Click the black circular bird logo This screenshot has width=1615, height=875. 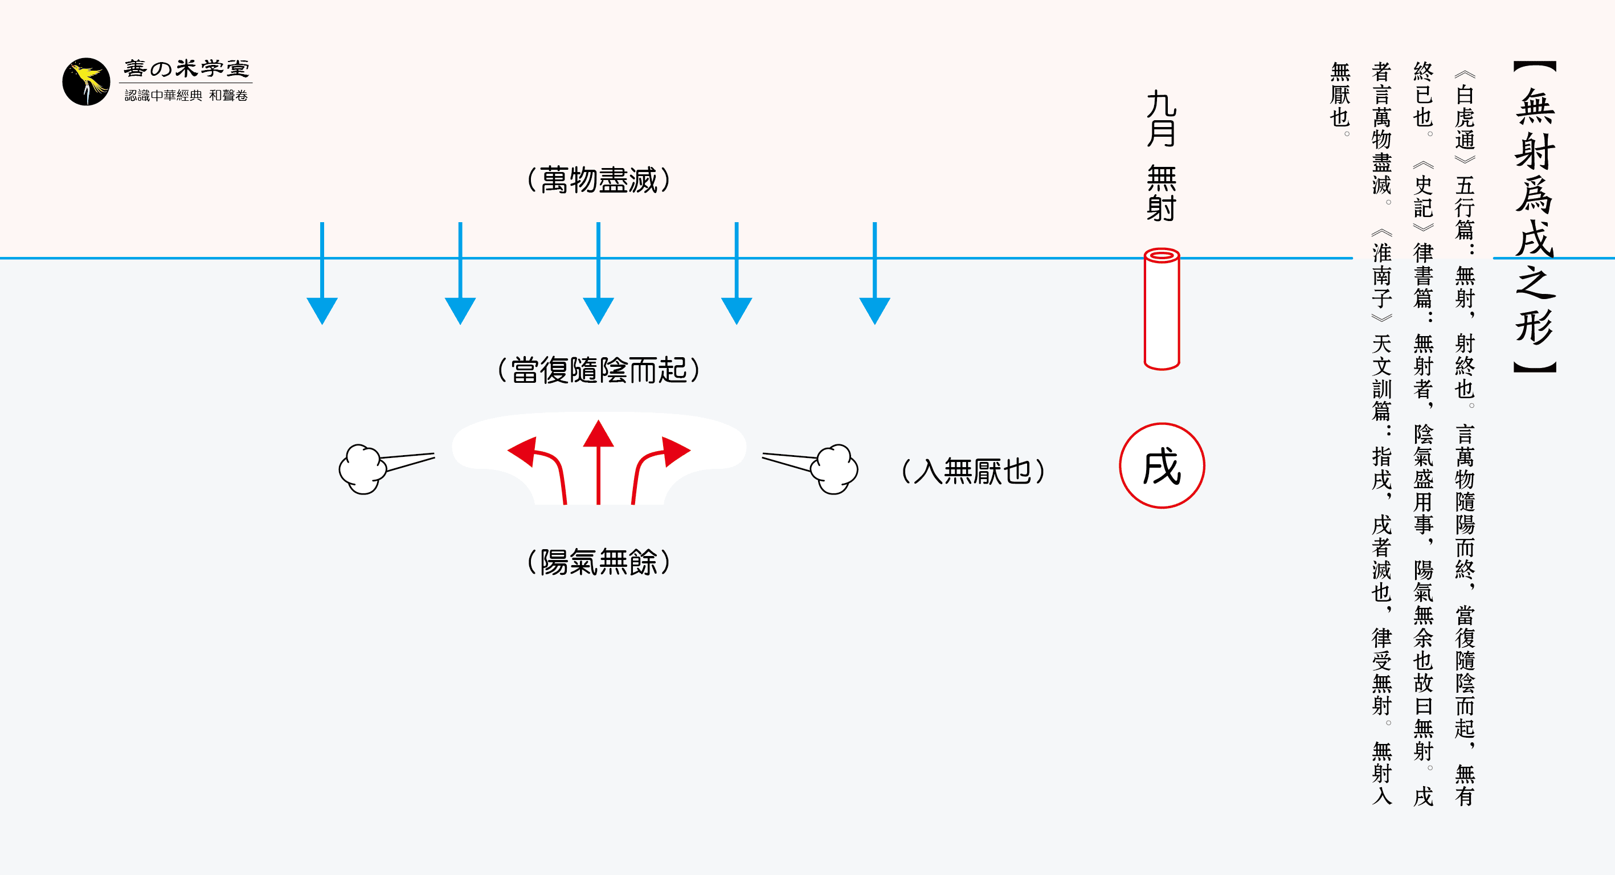click(86, 82)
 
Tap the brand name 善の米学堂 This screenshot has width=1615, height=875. click(186, 68)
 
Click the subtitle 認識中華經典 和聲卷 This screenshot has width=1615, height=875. click(186, 95)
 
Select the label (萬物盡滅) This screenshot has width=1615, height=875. click(599, 181)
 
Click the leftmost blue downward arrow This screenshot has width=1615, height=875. click(322, 276)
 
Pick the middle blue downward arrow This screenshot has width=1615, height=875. click(598, 276)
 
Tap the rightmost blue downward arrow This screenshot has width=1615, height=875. click(874, 276)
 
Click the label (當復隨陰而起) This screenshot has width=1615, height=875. click(599, 370)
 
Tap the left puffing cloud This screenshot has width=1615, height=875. click(362, 469)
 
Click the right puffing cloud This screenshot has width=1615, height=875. click(833, 469)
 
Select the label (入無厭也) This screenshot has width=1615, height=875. click(973, 471)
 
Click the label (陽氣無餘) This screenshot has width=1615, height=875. click(599, 562)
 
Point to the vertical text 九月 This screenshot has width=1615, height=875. click(1161, 119)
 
